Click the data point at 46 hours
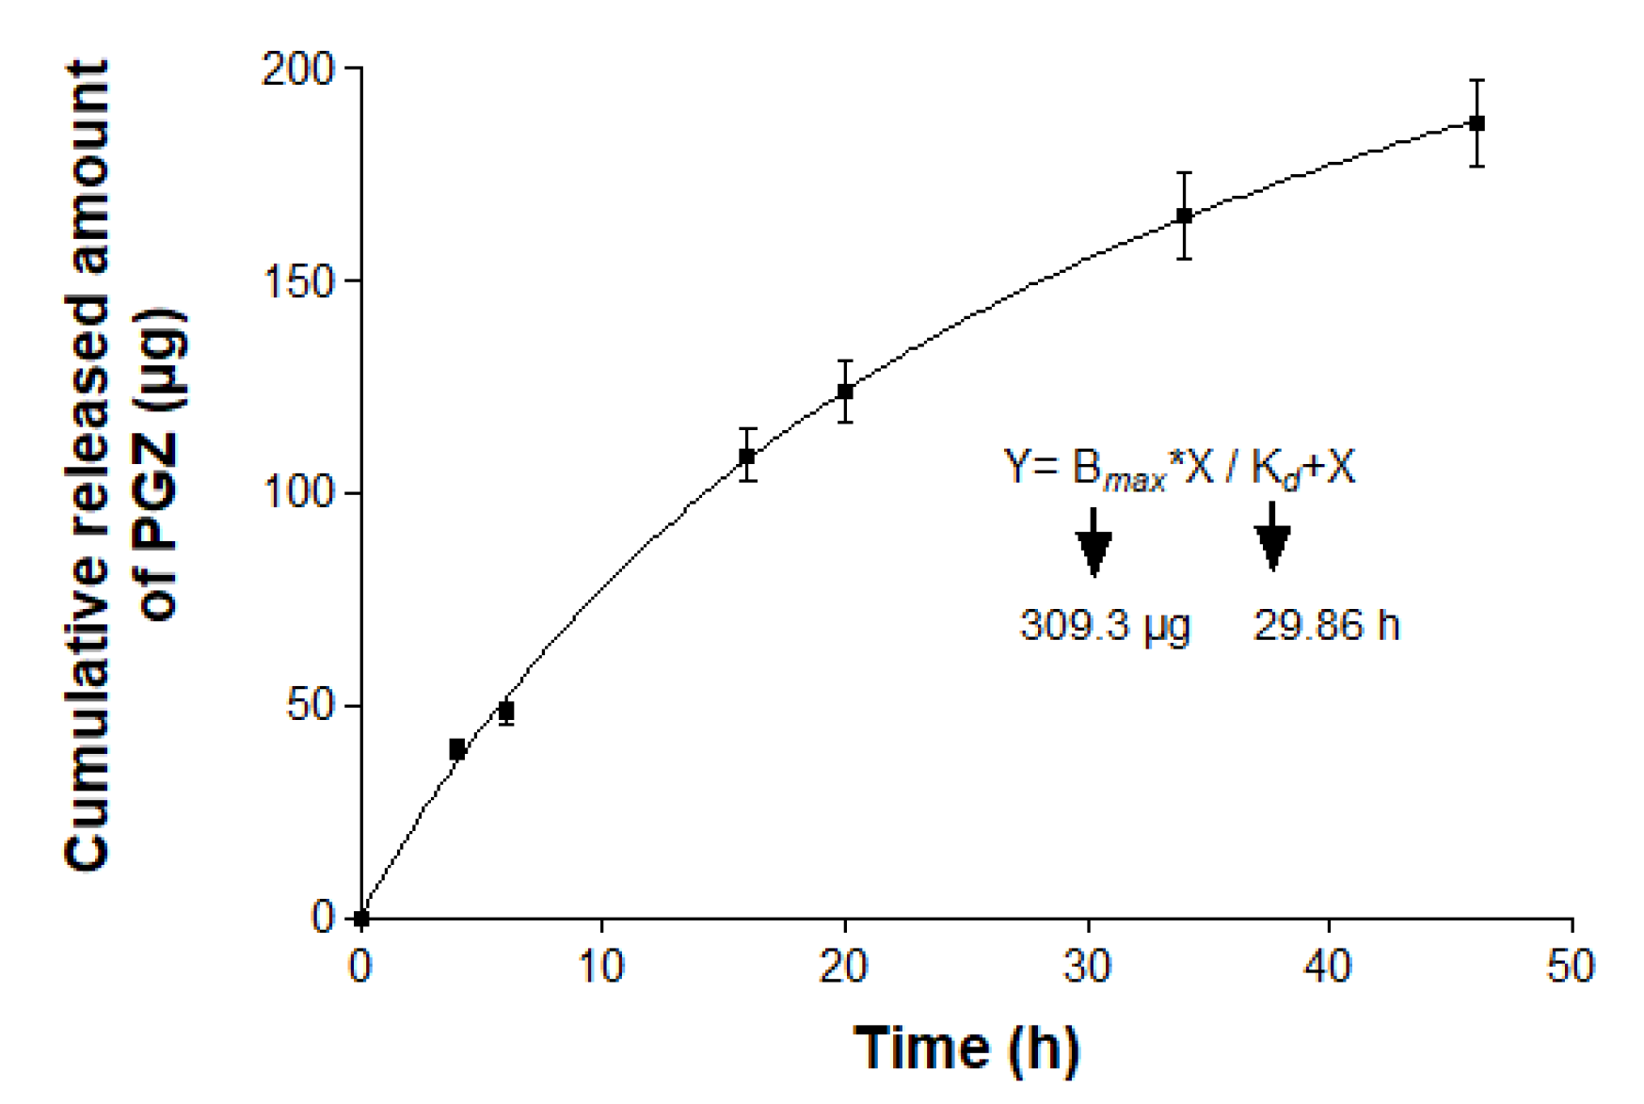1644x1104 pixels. point(1476,123)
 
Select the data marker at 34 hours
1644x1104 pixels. point(1185,216)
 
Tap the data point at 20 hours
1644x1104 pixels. point(845,391)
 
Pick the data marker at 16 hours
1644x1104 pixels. point(747,456)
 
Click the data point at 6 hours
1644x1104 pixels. point(506,711)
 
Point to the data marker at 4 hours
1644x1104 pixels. point(457,749)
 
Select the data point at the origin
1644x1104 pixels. point(361,918)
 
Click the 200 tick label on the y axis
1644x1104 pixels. point(297,69)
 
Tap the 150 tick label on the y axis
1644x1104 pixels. point(297,281)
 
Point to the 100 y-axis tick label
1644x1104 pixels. point(297,493)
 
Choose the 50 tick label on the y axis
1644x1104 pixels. point(310,706)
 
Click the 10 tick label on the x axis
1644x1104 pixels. point(601,967)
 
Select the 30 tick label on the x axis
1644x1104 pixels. point(1087,967)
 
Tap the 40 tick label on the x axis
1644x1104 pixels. point(1329,967)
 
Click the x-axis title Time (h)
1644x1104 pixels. point(966,1048)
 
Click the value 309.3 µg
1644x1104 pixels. point(1105,626)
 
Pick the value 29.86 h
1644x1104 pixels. point(1326,626)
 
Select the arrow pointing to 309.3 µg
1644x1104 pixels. point(1093,543)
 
